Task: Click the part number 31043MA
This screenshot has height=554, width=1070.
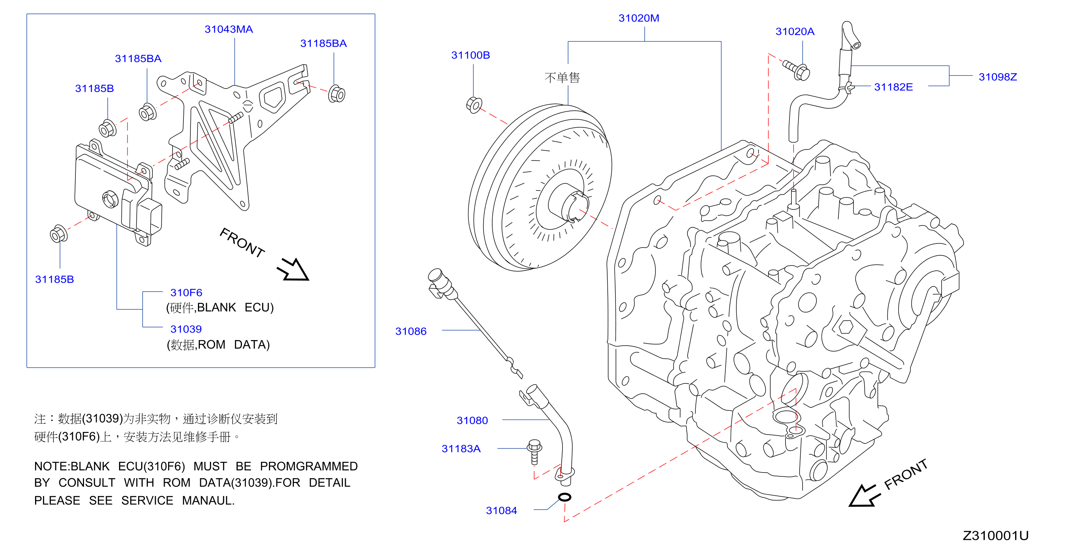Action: pos(229,29)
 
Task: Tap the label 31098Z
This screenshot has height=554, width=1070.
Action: pos(997,77)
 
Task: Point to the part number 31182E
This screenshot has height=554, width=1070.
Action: pos(893,87)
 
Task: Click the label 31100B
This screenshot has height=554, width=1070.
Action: pos(470,55)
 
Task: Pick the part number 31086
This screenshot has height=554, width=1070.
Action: pos(411,332)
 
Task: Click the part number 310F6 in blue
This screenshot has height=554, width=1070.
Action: pos(186,293)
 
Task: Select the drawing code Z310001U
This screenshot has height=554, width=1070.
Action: pos(995,536)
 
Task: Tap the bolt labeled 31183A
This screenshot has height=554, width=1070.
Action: pos(534,452)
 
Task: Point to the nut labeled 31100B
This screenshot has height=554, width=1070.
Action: pos(474,105)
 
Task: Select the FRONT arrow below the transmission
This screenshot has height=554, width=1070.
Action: pos(864,495)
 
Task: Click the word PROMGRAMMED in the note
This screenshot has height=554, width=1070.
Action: pos(308,466)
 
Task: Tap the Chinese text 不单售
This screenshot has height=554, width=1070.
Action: pos(562,78)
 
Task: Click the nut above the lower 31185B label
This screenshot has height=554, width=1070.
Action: pos(59,234)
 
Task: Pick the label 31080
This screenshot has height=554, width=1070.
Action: pos(472,421)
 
